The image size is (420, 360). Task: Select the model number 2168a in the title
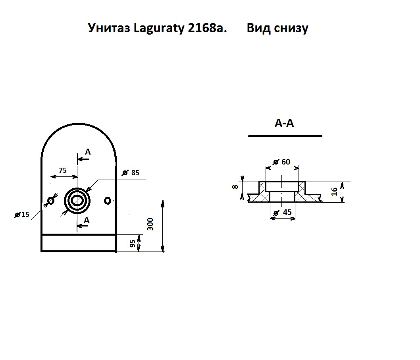207,28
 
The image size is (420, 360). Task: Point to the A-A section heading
284,123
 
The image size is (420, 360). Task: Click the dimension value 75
63,170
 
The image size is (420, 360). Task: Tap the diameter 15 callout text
22,215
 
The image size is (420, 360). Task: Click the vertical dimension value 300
150,224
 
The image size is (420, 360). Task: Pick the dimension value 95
133,244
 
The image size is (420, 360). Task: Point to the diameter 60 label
281,162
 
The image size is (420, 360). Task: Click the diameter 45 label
282,213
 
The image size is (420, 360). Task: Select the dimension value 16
334,192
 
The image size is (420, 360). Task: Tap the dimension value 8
235,187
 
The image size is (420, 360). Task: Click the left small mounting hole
51,200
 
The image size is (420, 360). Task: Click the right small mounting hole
108,200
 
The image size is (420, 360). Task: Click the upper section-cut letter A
88,152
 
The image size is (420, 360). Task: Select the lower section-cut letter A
87,221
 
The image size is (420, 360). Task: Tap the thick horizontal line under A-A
285,136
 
